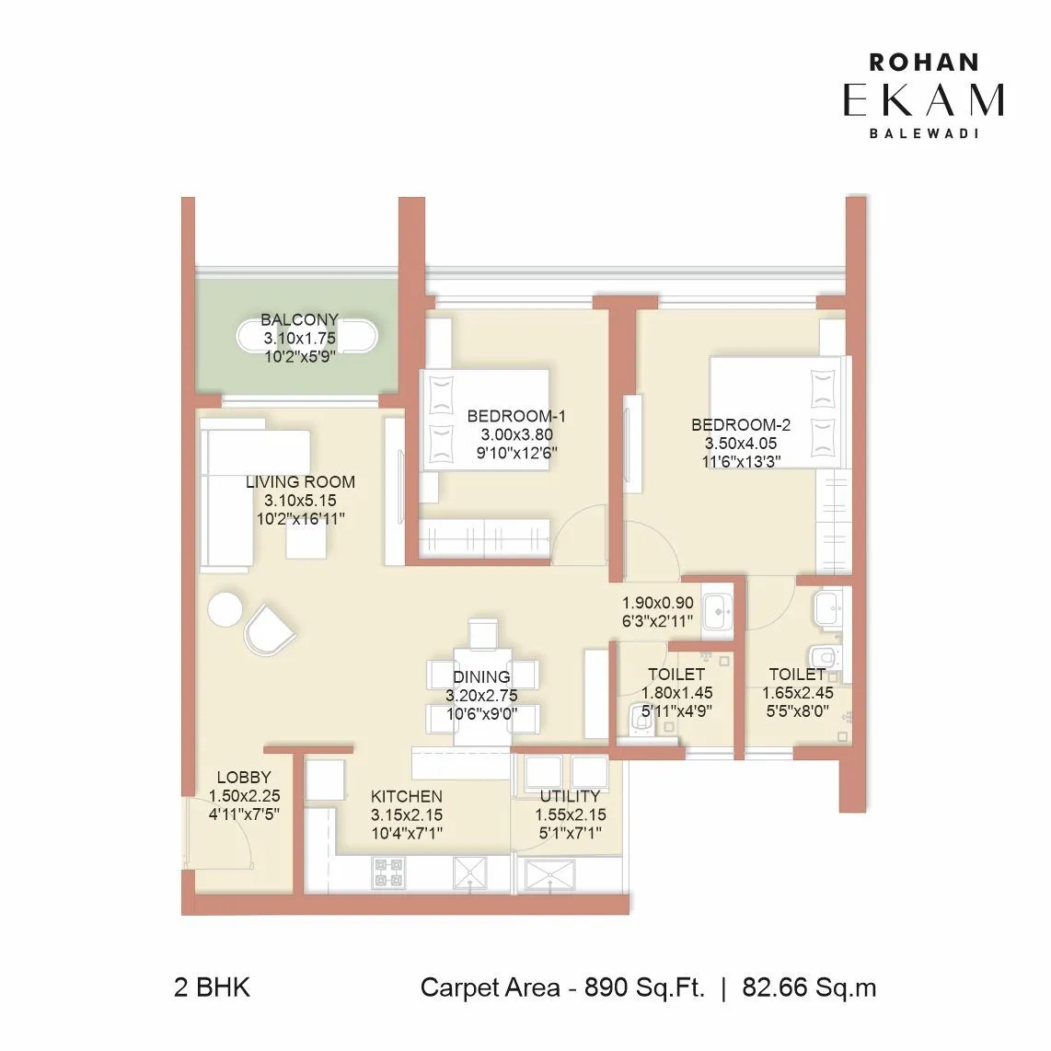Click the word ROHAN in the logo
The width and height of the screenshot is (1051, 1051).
point(923,63)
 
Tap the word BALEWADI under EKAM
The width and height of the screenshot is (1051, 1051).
point(923,133)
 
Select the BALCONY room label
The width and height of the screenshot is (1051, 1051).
point(299,320)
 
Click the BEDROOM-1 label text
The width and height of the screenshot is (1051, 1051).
point(515,416)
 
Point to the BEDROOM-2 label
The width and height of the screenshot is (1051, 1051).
point(741,425)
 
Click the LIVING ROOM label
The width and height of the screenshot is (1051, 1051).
point(300,482)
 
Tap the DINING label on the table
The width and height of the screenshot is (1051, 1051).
point(481,677)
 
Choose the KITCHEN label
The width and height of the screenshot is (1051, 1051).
point(406,797)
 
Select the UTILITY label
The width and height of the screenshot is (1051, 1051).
point(570,797)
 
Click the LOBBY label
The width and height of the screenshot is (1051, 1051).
point(244,779)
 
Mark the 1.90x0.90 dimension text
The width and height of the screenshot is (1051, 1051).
point(658,604)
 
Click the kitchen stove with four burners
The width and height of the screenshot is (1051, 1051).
point(387,872)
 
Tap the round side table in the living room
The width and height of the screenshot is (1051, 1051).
point(225,609)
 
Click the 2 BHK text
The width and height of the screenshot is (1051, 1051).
point(212,988)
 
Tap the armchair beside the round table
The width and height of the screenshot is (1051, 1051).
point(270,629)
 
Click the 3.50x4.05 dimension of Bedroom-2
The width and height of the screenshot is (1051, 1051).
point(741,444)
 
